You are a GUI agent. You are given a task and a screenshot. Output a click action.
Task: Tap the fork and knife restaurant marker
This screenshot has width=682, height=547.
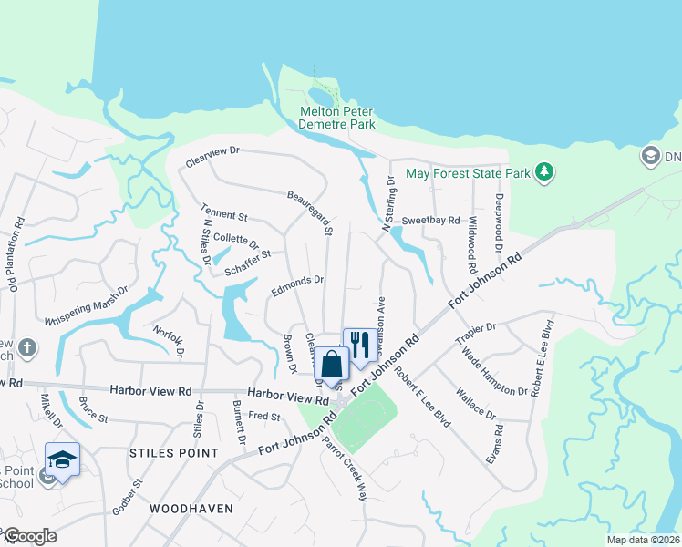(358, 345)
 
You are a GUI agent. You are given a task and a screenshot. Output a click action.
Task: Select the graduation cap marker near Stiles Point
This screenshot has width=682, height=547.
(62, 459)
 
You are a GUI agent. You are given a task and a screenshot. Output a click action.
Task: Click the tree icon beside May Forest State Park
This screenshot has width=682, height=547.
(544, 172)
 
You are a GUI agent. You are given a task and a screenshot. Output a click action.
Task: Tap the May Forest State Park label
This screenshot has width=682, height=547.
(467, 172)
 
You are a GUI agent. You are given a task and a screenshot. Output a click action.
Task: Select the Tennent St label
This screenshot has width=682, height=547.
(223, 216)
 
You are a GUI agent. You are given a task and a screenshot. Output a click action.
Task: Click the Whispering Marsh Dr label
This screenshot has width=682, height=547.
(87, 309)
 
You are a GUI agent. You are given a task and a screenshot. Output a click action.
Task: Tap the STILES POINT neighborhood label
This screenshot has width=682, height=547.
(174, 453)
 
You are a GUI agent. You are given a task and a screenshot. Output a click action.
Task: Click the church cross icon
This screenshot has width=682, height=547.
(27, 347)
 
